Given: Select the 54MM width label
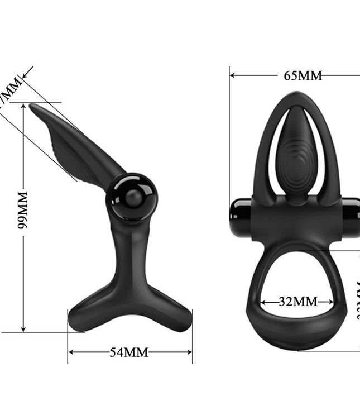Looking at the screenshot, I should click(129, 352).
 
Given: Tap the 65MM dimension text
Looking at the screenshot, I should click(303, 75).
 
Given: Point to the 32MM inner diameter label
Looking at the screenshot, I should click(297, 302).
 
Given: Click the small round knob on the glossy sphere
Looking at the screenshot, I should click(133, 198).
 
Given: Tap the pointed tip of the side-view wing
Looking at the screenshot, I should click(32, 106).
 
